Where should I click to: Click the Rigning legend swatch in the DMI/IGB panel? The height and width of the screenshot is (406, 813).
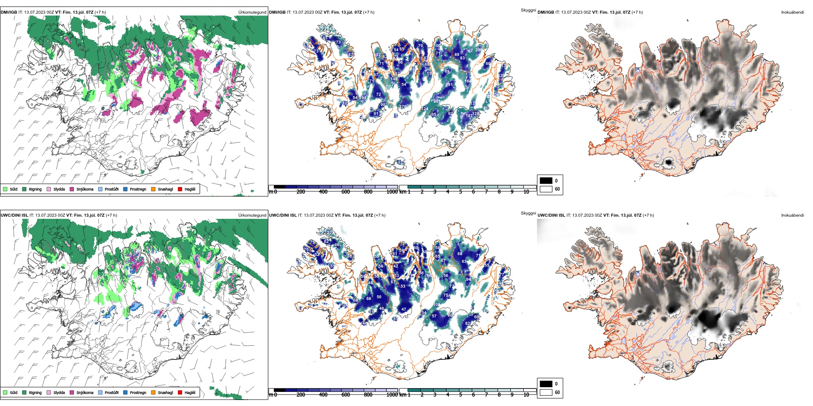click(24, 189)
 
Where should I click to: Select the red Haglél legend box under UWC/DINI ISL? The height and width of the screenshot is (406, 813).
click(180, 392)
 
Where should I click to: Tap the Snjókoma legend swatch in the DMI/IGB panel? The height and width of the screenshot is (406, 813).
click(72, 189)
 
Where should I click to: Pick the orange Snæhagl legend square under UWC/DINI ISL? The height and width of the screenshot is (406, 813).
click(153, 392)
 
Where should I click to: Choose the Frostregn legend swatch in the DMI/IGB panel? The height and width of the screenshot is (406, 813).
click(125, 189)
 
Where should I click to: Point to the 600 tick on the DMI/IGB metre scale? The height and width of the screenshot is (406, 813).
click(346, 192)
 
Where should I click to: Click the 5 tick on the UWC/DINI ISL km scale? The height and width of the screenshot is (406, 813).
click(460, 395)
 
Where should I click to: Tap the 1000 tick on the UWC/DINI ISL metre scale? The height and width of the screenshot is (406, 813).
click(392, 395)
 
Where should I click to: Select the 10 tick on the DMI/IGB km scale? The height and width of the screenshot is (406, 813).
click(526, 192)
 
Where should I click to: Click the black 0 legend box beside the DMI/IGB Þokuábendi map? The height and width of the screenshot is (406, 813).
click(546, 181)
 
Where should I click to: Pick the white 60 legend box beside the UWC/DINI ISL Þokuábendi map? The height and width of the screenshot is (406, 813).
click(546, 392)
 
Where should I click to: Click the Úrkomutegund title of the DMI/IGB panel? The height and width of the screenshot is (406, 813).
click(252, 12)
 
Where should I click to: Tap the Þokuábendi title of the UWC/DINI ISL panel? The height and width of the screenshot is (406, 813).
click(792, 215)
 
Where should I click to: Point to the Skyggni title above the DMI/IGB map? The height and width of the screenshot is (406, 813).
click(528, 10)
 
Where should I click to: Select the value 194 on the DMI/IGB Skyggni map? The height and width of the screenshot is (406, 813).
click(363, 98)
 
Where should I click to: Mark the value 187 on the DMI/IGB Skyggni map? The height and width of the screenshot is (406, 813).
click(469, 116)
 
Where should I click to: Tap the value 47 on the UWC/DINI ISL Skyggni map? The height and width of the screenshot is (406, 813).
click(404, 309)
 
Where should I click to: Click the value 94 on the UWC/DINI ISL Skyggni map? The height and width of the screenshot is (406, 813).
click(468, 279)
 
